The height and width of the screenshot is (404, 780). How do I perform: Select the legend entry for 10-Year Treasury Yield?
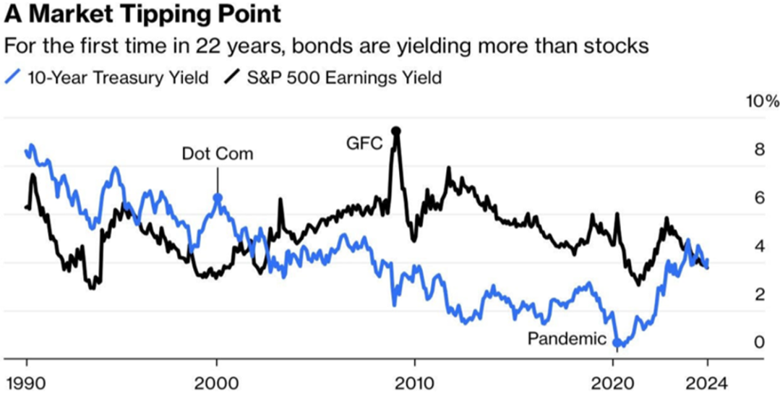pos(108,77)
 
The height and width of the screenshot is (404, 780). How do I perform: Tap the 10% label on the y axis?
pos(762,101)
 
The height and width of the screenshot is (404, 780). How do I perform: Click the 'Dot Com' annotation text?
pos(218,154)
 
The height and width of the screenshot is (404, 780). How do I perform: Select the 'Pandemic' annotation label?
pos(566,338)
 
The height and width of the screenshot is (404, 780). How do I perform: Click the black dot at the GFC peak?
pos(395,131)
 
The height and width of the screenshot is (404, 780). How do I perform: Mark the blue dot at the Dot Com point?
pos(217,197)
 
